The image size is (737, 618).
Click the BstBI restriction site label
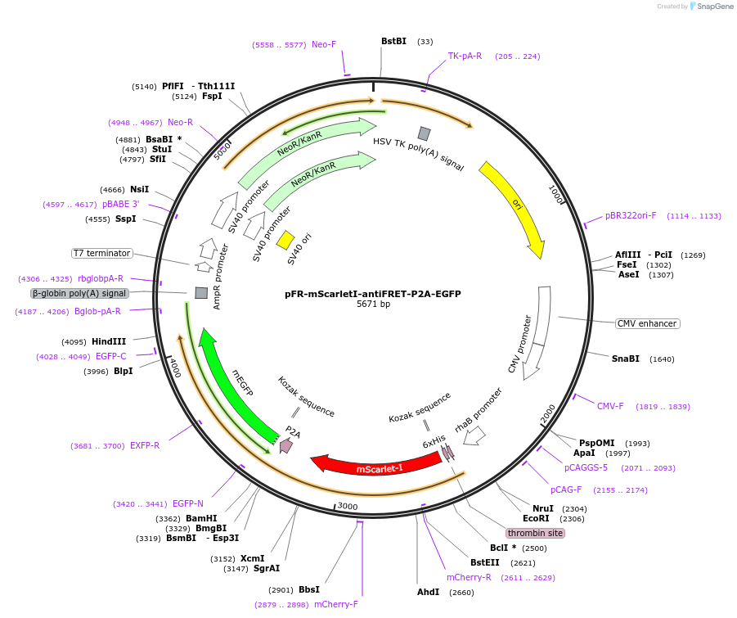(393, 42)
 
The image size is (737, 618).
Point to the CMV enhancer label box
(647, 323)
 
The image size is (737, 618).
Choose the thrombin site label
(535, 533)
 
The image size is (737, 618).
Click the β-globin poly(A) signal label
(79, 293)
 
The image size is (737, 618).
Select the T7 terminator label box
(101, 253)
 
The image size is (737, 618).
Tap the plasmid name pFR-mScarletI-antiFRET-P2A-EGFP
(373, 294)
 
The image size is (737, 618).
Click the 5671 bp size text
(373, 304)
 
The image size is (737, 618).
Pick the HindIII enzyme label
(109, 342)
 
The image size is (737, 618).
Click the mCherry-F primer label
(335, 605)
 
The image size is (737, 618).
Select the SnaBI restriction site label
(626, 359)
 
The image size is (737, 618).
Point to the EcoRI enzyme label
(536, 519)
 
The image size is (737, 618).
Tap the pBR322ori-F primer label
(631, 216)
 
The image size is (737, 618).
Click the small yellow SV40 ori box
(285, 239)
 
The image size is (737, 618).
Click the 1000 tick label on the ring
(556, 195)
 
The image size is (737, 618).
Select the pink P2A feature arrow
(285, 445)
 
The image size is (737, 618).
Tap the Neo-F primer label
(324, 44)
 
